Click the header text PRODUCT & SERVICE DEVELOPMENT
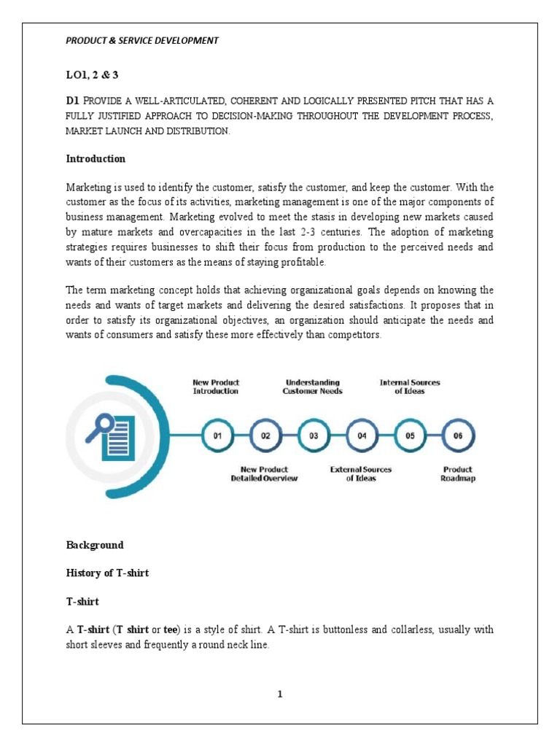tap(142, 41)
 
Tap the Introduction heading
tap(96, 158)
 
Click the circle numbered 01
tap(217, 436)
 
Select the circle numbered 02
tap(265, 436)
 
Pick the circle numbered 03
tap(314, 436)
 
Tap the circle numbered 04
tap(362, 436)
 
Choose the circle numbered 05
tap(410, 436)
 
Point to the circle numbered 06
tap(458, 436)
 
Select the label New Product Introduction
tap(216, 387)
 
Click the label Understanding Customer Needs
tap(312, 387)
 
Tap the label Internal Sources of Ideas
tap(410, 387)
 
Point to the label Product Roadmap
tap(458, 474)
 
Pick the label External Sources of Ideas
tap(361, 474)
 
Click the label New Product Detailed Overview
tap(264, 474)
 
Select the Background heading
tap(95, 545)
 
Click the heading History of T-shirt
tap(107, 573)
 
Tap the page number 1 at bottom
tap(279, 694)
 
